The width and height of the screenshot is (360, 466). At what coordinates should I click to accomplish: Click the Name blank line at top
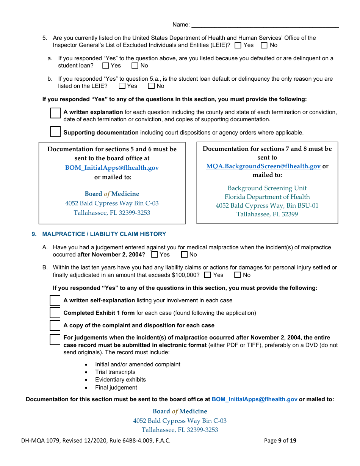click(265, 25)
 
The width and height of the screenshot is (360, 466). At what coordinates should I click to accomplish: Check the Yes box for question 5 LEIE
click(238, 45)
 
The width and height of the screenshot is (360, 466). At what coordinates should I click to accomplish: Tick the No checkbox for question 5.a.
click(135, 66)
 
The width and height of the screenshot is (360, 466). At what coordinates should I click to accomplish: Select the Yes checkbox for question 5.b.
click(122, 86)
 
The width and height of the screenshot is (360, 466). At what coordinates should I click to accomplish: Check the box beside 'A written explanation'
click(55, 113)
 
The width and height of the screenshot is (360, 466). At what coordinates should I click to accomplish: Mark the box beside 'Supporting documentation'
click(55, 131)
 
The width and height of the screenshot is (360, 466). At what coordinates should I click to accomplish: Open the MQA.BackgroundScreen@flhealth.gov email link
click(263, 166)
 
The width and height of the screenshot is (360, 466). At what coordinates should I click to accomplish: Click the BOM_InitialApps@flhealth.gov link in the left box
click(112, 167)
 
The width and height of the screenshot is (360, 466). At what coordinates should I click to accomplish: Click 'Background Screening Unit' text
click(267, 188)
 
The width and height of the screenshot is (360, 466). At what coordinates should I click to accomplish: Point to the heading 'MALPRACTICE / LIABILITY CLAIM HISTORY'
click(104, 234)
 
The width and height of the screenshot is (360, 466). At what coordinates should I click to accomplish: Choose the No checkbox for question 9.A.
click(185, 255)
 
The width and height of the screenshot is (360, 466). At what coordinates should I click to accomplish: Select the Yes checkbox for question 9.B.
click(207, 275)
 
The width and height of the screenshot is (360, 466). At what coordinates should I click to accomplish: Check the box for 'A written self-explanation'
click(55, 300)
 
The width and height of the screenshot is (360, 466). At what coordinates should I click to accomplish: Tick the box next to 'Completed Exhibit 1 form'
click(55, 313)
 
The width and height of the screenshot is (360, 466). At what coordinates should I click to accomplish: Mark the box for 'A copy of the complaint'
click(55, 325)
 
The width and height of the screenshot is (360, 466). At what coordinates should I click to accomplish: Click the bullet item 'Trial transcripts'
click(115, 372)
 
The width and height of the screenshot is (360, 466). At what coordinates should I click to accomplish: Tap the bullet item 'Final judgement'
click(116, 388)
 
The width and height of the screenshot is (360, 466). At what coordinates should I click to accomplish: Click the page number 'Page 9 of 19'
click(280, 441)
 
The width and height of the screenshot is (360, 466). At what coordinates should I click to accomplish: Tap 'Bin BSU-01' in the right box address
click(303, 206)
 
